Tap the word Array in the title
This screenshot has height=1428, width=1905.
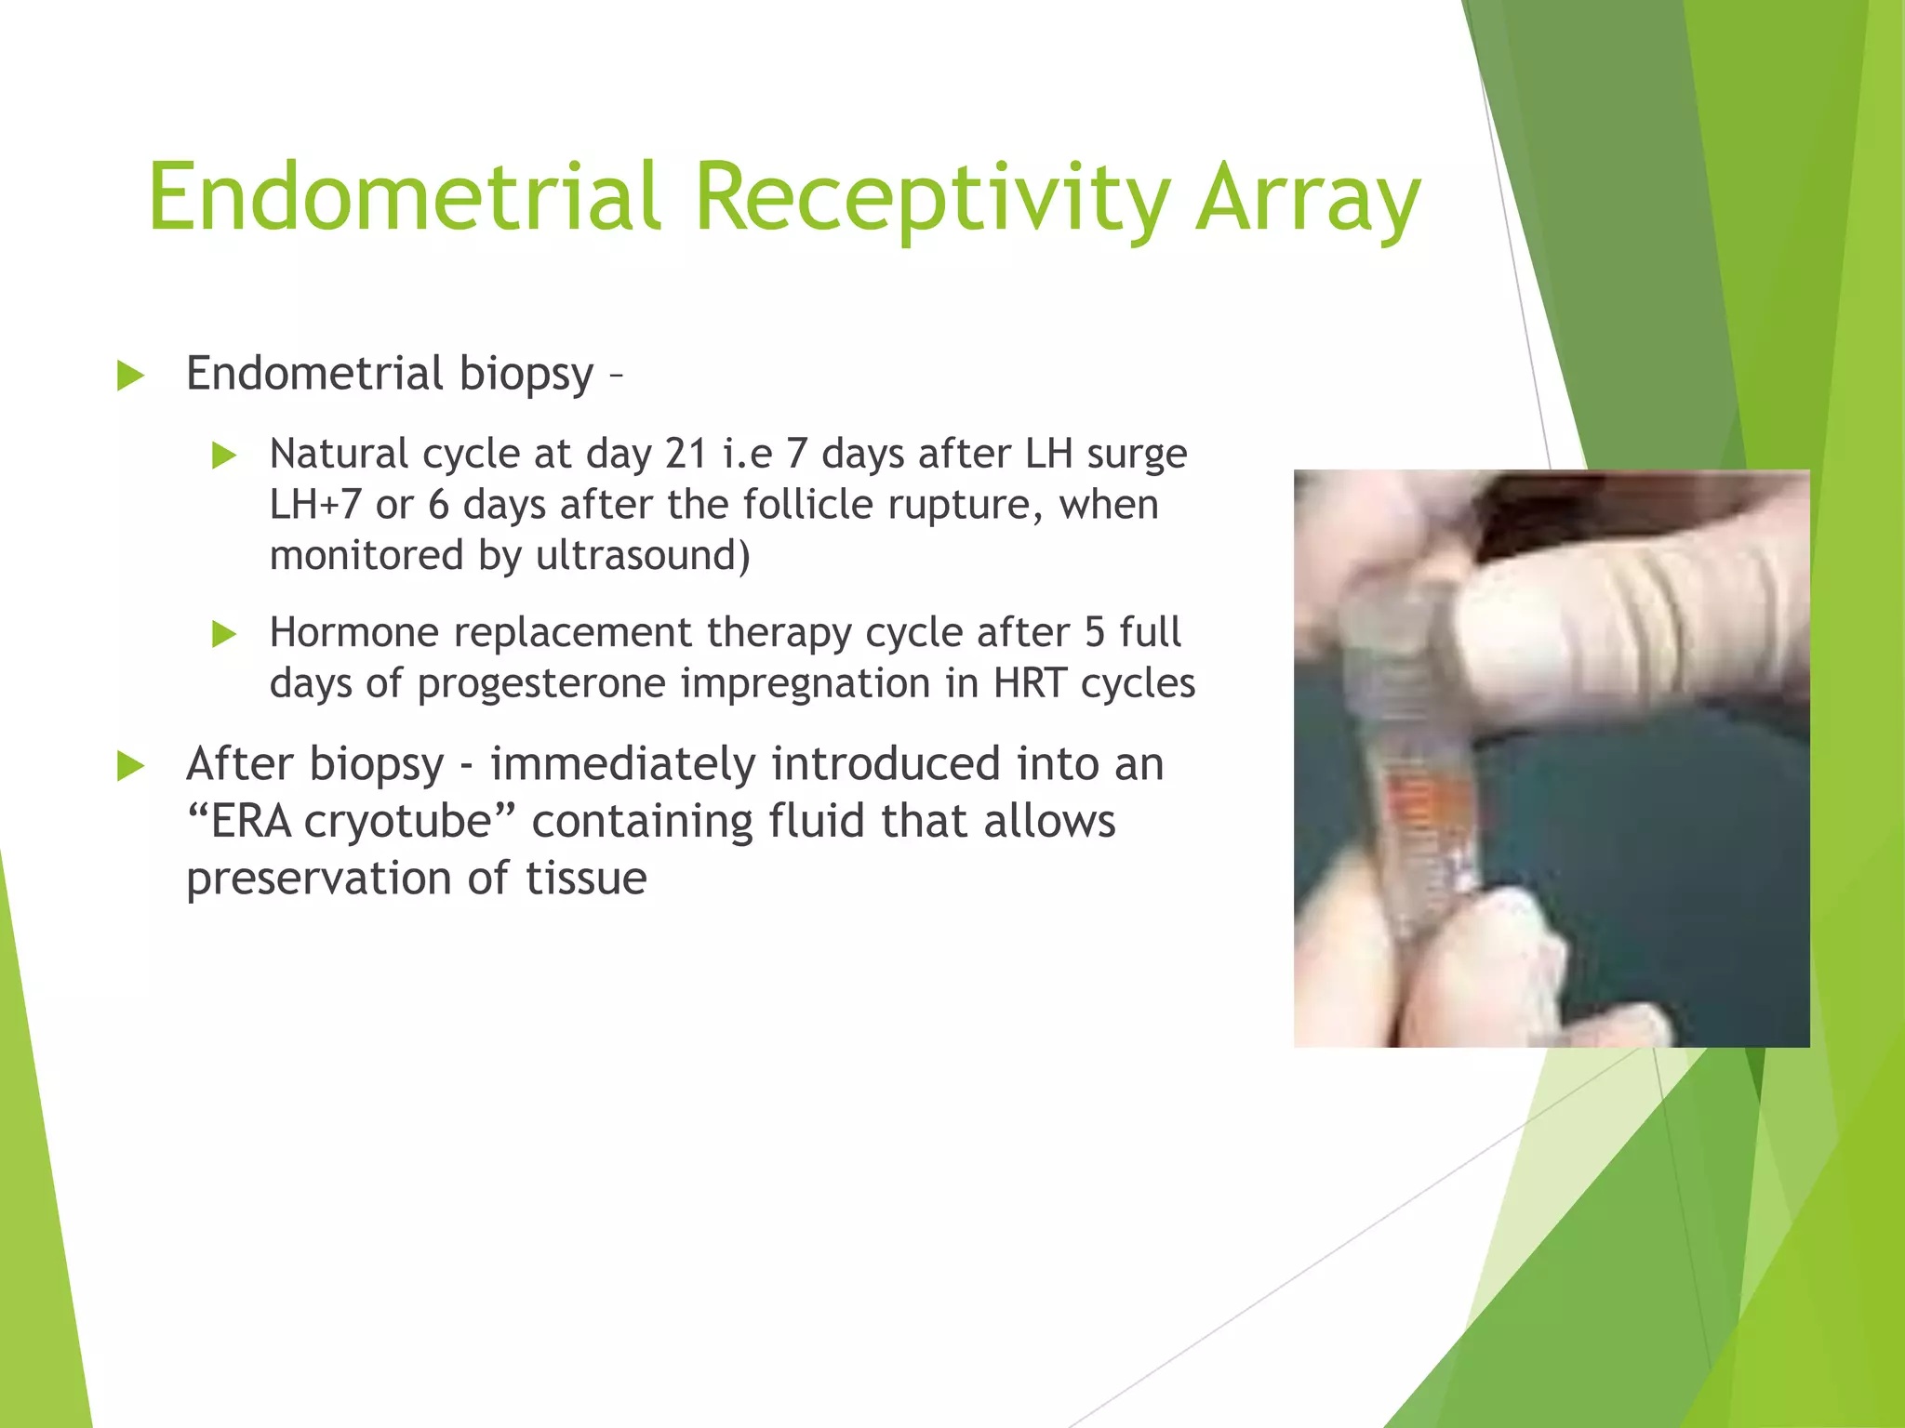[x=1308, y=197]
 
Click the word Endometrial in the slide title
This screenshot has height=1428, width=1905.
[x=405, y=197]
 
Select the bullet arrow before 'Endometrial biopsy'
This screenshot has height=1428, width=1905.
[x=131, y=377]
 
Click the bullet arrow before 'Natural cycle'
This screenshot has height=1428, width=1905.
[x=224, y=456]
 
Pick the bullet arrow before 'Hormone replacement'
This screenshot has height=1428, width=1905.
[x=224, y=634]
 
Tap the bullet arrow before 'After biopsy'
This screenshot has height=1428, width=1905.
[x=131, y=767]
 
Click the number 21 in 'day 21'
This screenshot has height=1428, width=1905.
[x=686, y=454]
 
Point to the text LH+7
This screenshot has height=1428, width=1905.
[x=314, y=505]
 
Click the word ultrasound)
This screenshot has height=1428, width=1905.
[x=643, y=556]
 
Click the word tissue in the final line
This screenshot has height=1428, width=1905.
[x=586, y=879]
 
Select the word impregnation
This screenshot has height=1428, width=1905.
[x=805, y=684]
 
